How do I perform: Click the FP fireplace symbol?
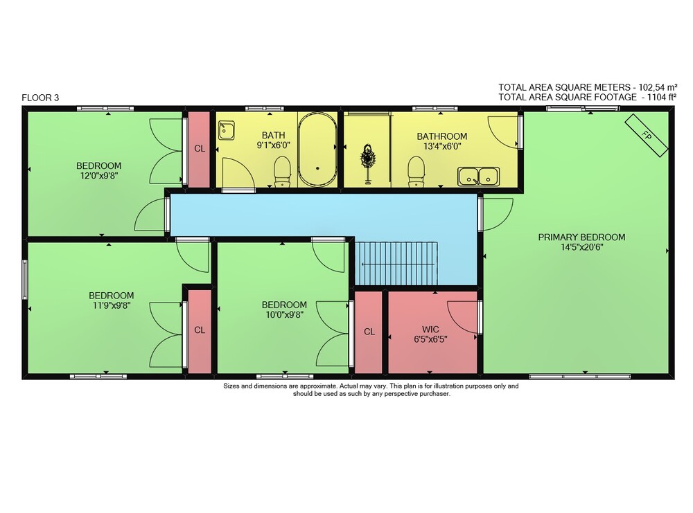pos(646,136)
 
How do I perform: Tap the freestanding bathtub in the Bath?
pos(317,150)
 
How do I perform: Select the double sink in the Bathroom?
pos(479,177)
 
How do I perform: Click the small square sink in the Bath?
pos(226,131)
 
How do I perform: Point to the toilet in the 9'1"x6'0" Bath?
pos(282,172)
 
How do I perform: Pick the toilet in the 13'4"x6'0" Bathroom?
pos(416,172)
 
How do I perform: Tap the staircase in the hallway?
pos(396,264)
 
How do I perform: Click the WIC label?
pos(430,330)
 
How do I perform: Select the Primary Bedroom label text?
pos(581,237)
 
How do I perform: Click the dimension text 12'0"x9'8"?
pos(99,175)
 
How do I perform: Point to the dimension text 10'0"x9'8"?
pos(284,314)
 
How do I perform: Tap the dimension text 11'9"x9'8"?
pos(112,305)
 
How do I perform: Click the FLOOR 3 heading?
pos(40,98)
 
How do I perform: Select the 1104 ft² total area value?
pos(662,97)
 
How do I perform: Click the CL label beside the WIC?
pos(369,332)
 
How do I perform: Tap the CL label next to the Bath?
pos(200,148)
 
